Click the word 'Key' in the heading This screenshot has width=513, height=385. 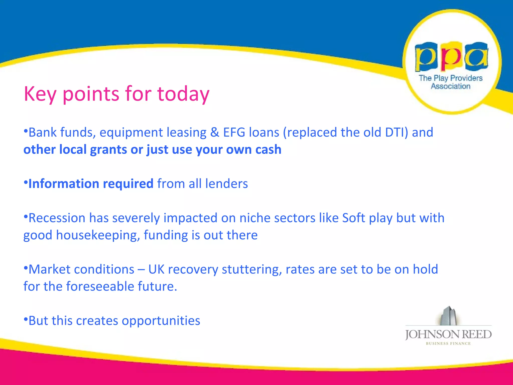(40, 94)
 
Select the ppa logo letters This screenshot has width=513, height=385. (451, 57)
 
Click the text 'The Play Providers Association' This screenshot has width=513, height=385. (451, 82)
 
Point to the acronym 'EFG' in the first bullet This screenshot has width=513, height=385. (234, 132)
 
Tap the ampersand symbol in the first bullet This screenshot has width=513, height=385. (215, 132)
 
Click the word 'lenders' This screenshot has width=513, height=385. (226, 184)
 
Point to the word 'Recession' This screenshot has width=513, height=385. (57, 218)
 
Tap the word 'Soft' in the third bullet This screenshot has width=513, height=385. (353, 218)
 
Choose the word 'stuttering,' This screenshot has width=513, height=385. (252, 269)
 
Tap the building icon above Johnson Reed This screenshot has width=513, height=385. (449, 316)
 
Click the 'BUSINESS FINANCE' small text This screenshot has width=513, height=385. (448, 344)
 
